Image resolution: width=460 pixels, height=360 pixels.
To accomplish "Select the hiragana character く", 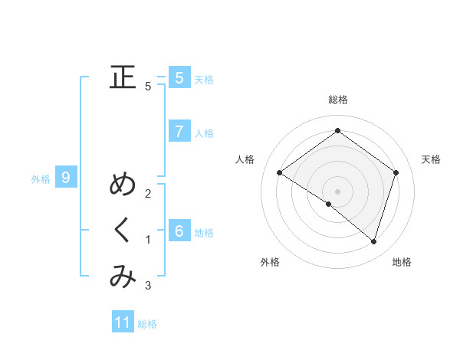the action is (123, 231).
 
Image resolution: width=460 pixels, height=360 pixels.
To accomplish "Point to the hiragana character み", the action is (123, 277).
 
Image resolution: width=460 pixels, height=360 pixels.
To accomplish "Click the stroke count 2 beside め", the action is (149, 193).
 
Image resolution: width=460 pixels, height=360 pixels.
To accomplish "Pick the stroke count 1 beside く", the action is (149, 240).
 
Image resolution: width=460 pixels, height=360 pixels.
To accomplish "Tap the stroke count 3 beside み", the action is (149, 286).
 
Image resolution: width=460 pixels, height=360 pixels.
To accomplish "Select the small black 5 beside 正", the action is (148, 87).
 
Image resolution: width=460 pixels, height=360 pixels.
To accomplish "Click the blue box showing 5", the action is (179, 77).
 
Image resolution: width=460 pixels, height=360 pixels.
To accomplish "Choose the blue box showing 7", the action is (179, 131).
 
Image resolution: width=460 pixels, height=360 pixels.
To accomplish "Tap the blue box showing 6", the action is (179, 231).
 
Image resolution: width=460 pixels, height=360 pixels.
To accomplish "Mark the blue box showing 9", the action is (66, 178).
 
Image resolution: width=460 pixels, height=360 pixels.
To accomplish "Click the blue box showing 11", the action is (123, 322).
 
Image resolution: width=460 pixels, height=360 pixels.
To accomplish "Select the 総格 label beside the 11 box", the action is (147, 324).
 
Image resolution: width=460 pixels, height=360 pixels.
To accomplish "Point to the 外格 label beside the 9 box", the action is (41, 179).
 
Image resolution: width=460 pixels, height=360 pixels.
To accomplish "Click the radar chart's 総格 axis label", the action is (338, 100).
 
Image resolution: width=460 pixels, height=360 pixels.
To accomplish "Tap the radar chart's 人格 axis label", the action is (245, 159).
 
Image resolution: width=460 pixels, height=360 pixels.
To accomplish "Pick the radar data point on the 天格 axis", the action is (396, 172).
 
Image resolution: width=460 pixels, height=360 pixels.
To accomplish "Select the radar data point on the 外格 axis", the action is (329, 204).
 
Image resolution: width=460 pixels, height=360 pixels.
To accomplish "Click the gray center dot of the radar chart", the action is (338, 191).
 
